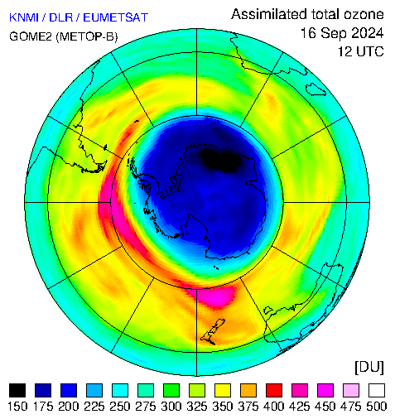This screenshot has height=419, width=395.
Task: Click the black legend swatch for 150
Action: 17,390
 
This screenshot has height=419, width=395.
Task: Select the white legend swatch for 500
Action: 377,390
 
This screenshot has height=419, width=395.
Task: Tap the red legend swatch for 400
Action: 274,390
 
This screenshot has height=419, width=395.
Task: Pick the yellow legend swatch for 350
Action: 223,390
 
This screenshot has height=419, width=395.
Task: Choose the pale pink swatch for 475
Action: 351,390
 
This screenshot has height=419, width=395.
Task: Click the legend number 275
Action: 146,407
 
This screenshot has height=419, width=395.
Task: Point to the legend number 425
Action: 300,407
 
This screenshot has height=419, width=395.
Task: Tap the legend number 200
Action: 69,407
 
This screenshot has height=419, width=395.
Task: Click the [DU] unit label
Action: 369,368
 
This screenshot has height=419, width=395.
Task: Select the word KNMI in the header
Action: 24,17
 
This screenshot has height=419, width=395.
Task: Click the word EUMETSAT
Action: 116,17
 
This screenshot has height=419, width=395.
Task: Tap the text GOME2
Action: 31,36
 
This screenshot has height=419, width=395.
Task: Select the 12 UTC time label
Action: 361,51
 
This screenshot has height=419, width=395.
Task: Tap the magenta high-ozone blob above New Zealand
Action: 216,297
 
